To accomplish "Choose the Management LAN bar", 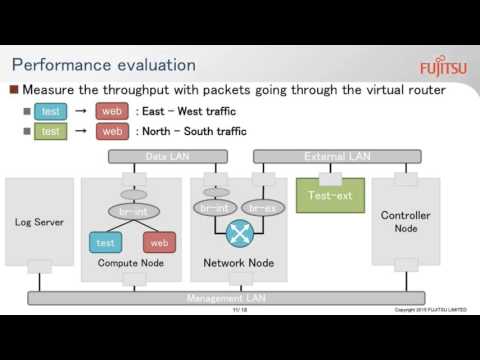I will [225, 298].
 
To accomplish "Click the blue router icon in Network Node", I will [240, 233].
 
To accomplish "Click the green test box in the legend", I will [51, 131].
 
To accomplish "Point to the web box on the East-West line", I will [112, 111].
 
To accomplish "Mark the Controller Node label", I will [405, 222].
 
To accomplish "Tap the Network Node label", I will [238, 264].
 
